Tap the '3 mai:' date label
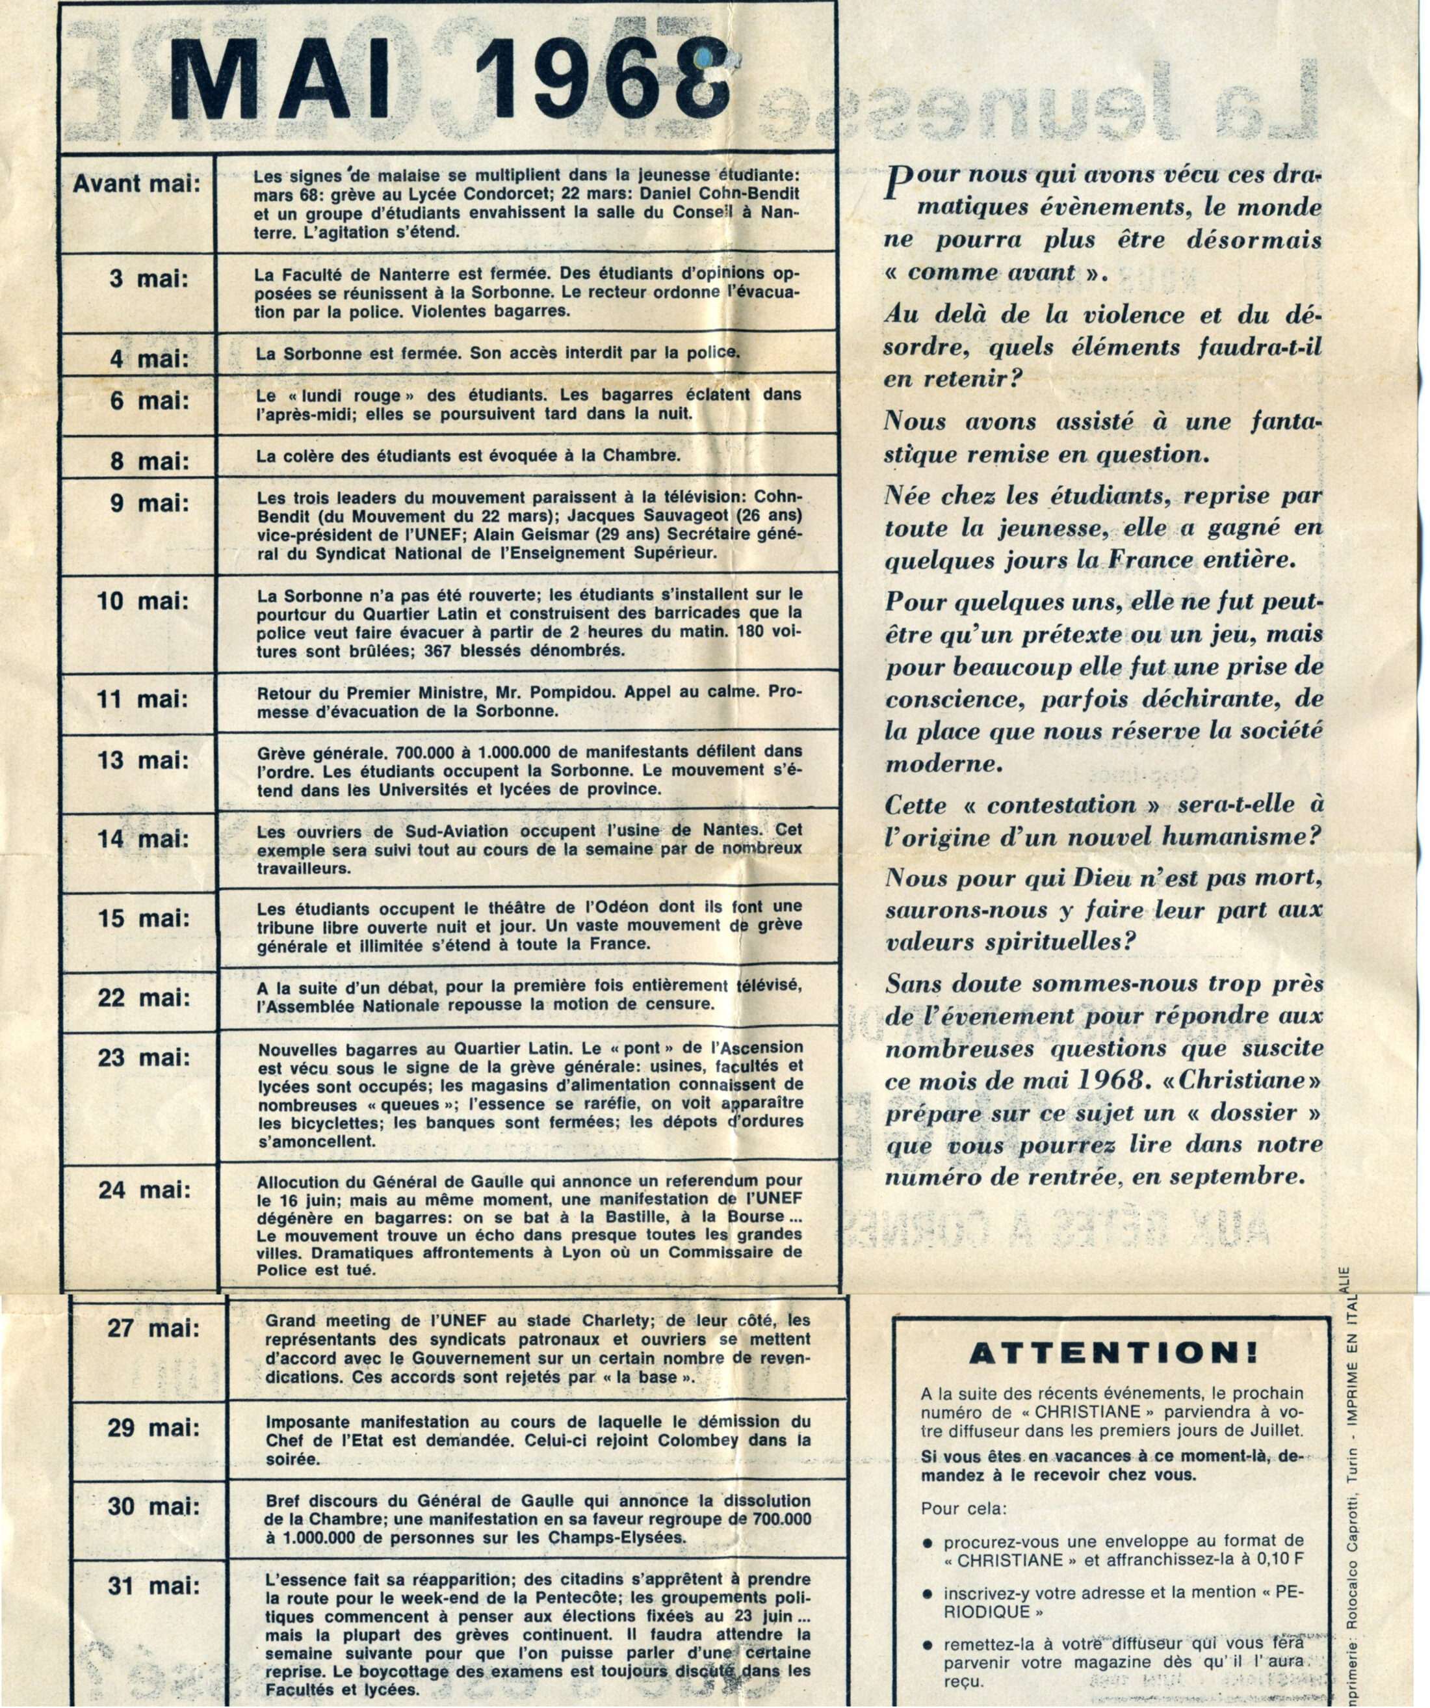click(x=149, y=279)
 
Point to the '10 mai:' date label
click(x=142, y=601)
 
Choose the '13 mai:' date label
click(x=143, y=760)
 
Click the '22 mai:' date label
click(x=144, y=998)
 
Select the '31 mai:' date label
click(x=153, y=1585)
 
